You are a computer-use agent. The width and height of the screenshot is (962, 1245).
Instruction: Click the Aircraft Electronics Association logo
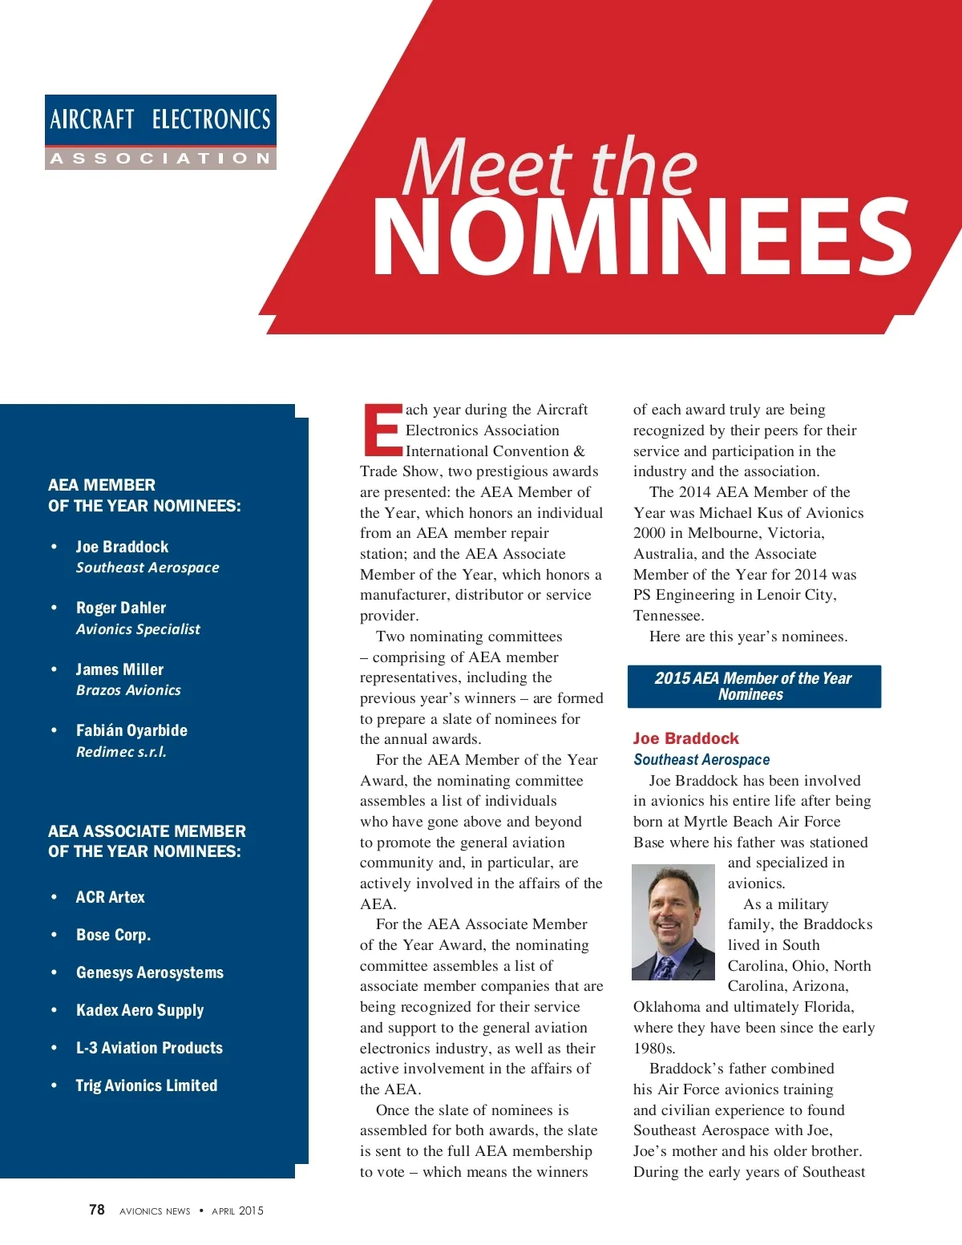[160, 132]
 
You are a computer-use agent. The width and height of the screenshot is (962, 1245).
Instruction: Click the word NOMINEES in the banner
[641, 237]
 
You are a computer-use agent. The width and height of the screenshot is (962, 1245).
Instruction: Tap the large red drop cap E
[382, 430]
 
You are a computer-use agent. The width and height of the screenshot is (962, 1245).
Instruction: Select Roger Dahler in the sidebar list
[121, 608]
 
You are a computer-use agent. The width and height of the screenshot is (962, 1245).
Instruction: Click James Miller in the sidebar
[119, 669]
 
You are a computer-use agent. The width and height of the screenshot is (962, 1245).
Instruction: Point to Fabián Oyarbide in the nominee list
[131, 730]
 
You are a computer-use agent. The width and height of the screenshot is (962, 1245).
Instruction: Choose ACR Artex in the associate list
[111, 897]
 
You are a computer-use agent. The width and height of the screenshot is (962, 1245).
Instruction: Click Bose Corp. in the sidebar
[113, 935]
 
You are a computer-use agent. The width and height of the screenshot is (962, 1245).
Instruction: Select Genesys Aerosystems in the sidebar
[150, 972]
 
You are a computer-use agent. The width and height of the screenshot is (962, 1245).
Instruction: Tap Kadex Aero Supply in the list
[139, 1010]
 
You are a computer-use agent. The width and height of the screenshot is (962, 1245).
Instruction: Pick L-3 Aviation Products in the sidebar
[149, 1048]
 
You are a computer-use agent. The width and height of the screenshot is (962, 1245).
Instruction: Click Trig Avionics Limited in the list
[147, 1085]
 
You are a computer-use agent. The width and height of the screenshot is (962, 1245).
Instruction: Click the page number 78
[97, 1210]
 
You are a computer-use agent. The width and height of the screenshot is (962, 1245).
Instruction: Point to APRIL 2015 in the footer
[237, 1211]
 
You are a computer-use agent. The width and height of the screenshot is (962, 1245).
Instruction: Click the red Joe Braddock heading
[686, 738]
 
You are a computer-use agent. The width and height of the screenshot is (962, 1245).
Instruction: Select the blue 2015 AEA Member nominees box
[754, 686]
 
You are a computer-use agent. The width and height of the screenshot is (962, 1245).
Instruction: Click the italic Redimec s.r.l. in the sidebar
[121, 752]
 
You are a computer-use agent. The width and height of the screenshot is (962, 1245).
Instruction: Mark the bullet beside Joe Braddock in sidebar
[55, 547]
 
